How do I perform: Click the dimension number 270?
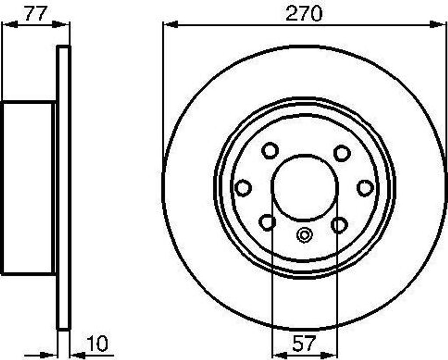[x=304, y=14]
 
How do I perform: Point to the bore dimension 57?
[x=304, y=344]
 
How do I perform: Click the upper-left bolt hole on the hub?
[x=270, y=151]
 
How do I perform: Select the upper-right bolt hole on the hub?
[x=342, y=153]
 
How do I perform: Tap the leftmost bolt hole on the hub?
[x=243, y=188]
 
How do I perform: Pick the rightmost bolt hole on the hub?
[x=365, y=188]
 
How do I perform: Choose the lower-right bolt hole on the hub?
[x=339, y=225]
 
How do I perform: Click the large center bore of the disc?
[x=304, y=187]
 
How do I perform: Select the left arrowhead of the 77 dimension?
[x=9, y=24]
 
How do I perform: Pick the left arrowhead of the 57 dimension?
[x=278, y=354]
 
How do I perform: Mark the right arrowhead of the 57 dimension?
[x=331, y=354]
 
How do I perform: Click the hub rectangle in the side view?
[x=28, y=188]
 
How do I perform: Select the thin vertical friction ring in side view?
[x=64, y=188]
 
